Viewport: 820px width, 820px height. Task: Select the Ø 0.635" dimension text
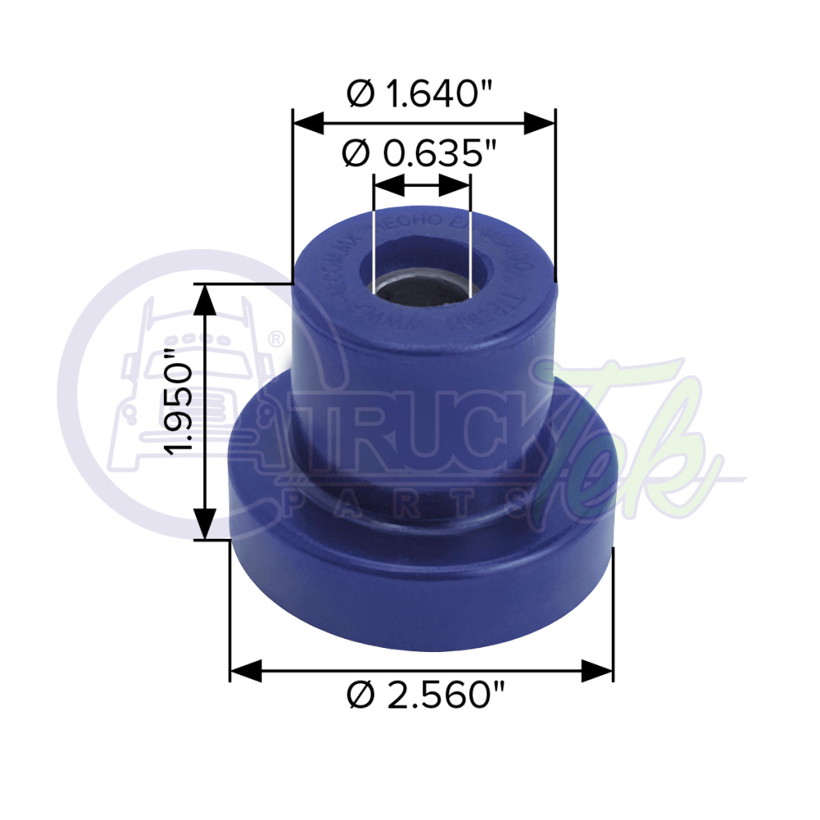click(421, 154)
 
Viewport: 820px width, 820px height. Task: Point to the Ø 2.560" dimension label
click(423, 697)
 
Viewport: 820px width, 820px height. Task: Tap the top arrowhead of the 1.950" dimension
click(205, 300)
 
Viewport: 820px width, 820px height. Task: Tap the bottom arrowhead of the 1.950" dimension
click(205, 522)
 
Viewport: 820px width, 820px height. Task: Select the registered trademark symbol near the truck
click(277, 337)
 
